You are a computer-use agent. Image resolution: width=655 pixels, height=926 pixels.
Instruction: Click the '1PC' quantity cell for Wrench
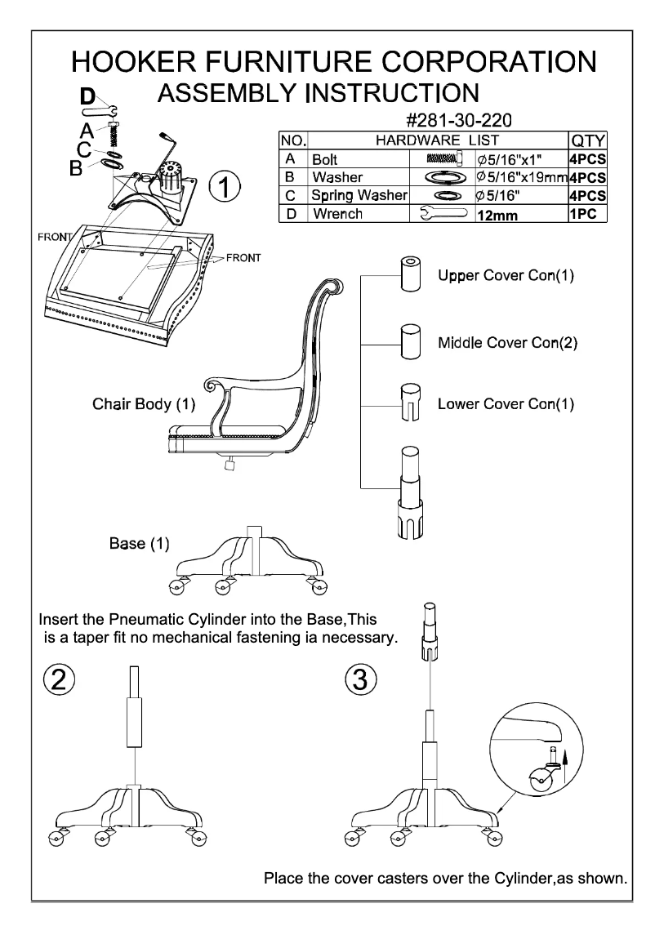point(584,215)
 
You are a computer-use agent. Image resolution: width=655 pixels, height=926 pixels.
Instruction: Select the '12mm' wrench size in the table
point(497,216)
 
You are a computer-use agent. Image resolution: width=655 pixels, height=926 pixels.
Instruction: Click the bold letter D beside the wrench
point(88,96)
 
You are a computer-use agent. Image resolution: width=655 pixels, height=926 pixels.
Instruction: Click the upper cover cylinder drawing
point(410,273)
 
